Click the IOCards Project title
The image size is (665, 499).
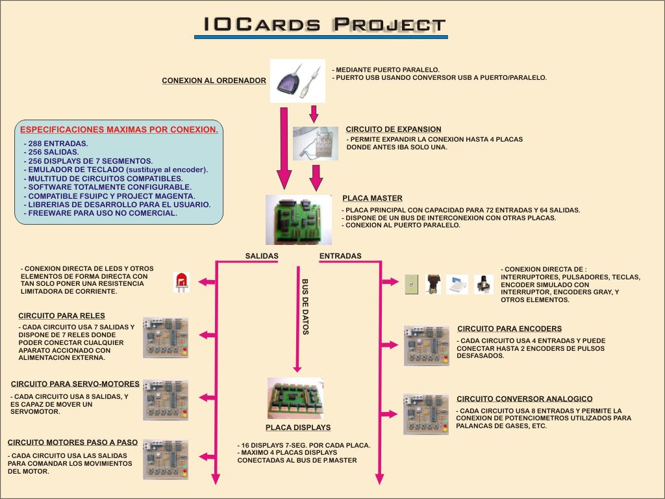(324, 25)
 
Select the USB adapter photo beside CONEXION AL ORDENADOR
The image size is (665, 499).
(297, 81)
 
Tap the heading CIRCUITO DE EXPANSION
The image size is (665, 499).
(394, 129)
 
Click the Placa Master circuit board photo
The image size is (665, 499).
(299, 219)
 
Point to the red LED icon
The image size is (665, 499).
(181, 282)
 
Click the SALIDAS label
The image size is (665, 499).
(262, 256)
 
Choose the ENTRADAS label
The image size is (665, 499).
(340, 256)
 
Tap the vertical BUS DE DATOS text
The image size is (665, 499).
(305, 307)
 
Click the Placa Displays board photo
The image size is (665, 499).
(295, 398)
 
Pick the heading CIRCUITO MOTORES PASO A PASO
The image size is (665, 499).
(73, 442)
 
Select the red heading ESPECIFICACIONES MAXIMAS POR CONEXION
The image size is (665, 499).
(119, 129)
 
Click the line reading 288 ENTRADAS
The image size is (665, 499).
(58, 143)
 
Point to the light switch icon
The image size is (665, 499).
(410, 283)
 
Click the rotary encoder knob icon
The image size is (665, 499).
(483, 284)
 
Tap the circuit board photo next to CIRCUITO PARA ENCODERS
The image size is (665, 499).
(426, 346)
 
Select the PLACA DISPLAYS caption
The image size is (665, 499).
(298, 428)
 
